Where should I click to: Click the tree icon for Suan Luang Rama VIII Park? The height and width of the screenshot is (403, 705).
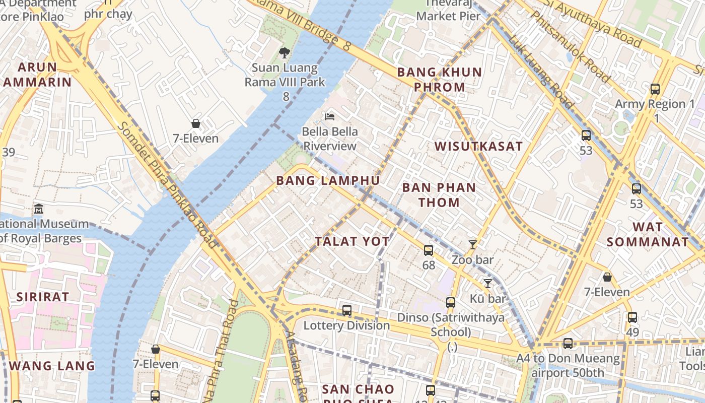(285, 52)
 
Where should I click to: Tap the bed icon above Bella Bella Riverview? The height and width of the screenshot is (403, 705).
(330, 117)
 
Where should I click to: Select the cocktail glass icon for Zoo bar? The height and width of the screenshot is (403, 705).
(472, 245)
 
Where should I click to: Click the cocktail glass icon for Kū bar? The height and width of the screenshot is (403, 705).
(487, 284)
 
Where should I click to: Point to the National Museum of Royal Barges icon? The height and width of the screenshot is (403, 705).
(39, 209)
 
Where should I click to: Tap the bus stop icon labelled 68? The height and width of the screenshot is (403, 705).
(429, 250)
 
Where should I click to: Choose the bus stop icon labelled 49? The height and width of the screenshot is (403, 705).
(632, 317)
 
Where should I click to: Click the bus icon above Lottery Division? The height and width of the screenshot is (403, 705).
(347, 310)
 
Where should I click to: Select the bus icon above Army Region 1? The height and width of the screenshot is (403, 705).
(655, 89)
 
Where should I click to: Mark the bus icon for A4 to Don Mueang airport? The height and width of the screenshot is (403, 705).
(568, 344)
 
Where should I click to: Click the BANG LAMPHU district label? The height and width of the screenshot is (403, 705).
(328, 180)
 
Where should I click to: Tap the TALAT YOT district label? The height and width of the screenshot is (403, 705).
(352, 242)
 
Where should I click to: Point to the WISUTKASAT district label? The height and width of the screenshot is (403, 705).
(478, 147)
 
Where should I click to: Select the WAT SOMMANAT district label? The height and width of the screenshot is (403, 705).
(648, 234)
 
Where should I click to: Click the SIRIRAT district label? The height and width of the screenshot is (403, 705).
(43, 297)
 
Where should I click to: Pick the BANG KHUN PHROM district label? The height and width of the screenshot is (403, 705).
(440, 80)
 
